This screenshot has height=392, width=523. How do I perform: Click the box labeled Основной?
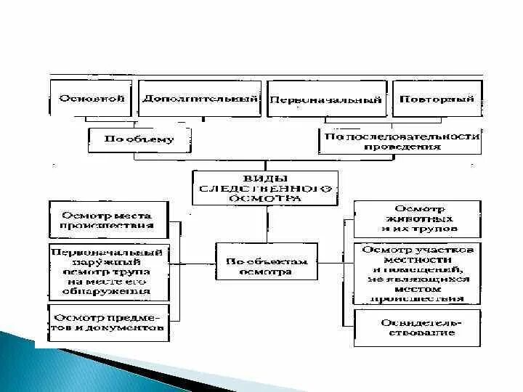(x=92, y=98)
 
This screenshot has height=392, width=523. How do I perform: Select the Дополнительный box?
(x=200, y=98)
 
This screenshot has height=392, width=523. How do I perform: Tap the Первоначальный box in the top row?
(x=325, y=99)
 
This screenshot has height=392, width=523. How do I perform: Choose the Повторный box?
(x=437, y=98)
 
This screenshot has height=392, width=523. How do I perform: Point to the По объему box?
(x=140, y=139)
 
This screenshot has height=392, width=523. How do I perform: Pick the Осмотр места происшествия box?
(x=108, y=220)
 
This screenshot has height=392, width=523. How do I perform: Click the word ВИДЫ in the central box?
(x=265, y=179)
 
